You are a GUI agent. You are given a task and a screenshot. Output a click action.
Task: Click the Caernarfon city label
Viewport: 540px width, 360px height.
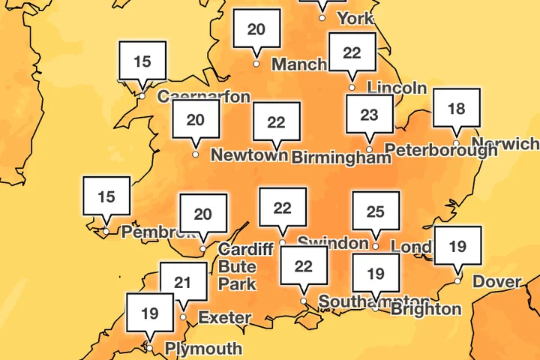click(203, 96)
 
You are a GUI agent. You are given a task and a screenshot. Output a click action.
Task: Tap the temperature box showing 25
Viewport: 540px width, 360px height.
click(376, 213)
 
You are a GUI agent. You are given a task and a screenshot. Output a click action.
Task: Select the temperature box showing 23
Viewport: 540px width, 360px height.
click(369, 116)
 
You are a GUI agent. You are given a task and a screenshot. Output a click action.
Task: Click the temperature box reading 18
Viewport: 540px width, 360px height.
click(456, 109)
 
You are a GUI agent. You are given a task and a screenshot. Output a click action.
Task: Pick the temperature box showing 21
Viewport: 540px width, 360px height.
click(183, 283)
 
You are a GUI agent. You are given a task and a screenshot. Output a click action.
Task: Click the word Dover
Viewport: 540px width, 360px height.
click(497, 282)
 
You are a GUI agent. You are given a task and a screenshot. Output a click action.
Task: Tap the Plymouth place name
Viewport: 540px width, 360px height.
click(203, 349)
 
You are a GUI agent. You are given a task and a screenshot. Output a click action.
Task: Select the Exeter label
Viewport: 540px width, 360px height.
click(224, 317)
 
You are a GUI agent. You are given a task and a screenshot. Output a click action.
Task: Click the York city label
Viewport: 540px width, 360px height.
click(355, 16)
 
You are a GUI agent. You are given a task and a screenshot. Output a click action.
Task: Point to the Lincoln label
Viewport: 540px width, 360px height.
click(397, 88)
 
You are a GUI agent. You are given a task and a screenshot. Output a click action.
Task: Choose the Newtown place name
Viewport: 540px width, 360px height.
click(249, 155)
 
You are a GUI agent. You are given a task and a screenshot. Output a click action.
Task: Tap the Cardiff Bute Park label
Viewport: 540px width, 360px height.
click(238, 266)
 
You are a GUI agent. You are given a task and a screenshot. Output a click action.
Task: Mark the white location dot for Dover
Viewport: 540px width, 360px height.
click(457, 282)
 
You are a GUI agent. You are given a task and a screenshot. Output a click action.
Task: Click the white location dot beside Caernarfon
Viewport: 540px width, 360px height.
click(142, 95)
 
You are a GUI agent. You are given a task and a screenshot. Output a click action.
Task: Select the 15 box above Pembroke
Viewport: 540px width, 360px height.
click(106, 198)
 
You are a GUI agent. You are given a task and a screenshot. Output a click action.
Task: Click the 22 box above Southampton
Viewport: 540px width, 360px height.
click(304, 266)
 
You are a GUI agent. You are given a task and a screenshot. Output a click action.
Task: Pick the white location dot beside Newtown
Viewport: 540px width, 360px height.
click(196, 154)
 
